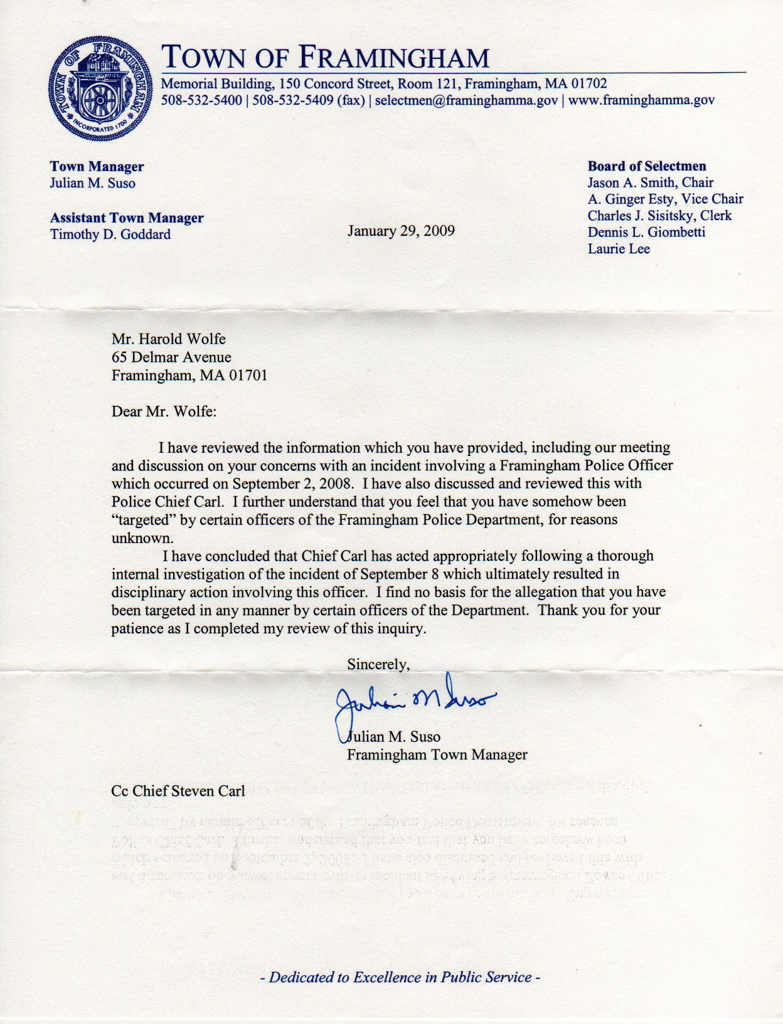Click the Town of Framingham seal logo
tap(100, 88)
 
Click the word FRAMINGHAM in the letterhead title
tap(393, 58)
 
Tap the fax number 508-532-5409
tap(293, 100)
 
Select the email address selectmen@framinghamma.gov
tap(466, 100)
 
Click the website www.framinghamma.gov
tap(641, 100)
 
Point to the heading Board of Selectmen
tap(646, 166)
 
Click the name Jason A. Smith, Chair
tap(650, 182)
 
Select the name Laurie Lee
tap(618, 249)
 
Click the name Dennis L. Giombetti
tap(646, 232)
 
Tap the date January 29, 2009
tap(401, 231)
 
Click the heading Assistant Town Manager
tap(127, 218)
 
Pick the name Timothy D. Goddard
tap(110, 235)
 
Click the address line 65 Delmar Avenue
tap(171, 357)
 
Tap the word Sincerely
tap(378, 664)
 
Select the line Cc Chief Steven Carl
tap(178, 791)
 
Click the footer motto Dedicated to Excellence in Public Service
tap(400, 977)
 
